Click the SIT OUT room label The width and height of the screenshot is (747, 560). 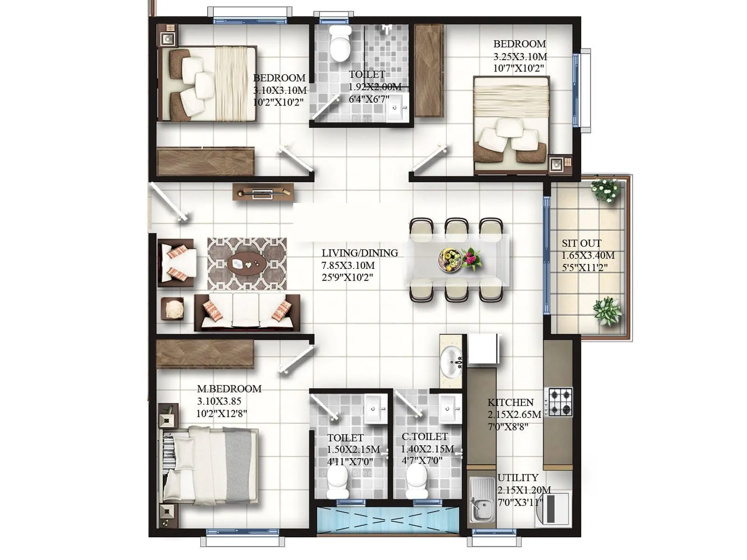point(581,243)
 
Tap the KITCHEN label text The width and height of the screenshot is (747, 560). point(510,402)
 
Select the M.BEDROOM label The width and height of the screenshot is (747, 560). point(229,388)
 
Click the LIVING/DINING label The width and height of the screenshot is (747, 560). point(359,253)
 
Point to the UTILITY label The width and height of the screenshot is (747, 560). point(518,477)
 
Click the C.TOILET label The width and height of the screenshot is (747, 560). point(424,437)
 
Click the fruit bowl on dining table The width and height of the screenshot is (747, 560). point(450,260)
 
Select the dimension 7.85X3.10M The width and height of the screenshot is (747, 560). point(348,265)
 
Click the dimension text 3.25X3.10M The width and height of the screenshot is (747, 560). point(520,56)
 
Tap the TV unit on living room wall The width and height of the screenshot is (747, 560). point(263,192)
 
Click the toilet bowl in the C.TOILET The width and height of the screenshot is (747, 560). point(417,481)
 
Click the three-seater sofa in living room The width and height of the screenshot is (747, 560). point(247,312)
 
